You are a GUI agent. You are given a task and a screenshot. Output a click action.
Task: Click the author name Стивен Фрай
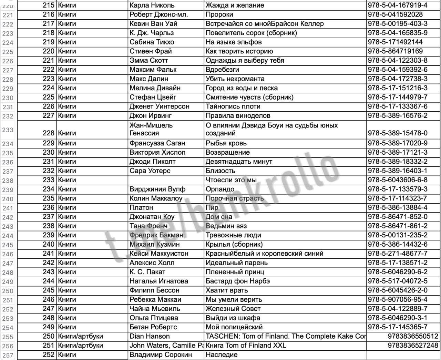[x=151, y=51]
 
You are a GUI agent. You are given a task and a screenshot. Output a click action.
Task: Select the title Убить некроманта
[x=235, y=79]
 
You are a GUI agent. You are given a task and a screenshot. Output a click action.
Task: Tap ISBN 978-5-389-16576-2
[x=398, y=116]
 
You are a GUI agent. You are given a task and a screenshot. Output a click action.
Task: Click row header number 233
[x=8, y=130]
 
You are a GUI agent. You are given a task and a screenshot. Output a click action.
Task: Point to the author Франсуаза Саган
[x=157, y=143]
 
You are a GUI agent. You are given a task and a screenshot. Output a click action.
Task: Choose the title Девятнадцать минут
[x=239, y=162]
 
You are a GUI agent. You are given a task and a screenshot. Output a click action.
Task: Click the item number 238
[x=49, y=226]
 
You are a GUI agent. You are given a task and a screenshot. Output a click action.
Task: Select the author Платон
[x=141, y=208]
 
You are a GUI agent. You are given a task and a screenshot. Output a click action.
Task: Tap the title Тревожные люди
[x=233, y=235]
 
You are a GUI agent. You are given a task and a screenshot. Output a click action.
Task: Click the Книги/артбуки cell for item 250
[x=81, y=336]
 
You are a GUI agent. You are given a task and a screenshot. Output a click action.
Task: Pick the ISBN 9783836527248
[x=413, y=346]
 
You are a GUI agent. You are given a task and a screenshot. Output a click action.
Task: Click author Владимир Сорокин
[x=161, y=355]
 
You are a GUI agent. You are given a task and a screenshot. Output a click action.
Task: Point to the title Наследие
[x=222, y=355]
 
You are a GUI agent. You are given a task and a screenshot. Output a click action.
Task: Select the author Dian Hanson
[x=150, y=336]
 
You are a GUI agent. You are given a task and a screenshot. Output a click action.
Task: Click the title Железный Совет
[x=233, y=309]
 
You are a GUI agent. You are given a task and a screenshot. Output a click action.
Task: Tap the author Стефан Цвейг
[x=153, y=97]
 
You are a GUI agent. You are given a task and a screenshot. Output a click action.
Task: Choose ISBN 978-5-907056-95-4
[x=398, y=299]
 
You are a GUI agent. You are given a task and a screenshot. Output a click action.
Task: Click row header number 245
[x=8, y=245]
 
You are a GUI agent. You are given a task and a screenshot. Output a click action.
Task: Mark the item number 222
[x=49, y=70]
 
